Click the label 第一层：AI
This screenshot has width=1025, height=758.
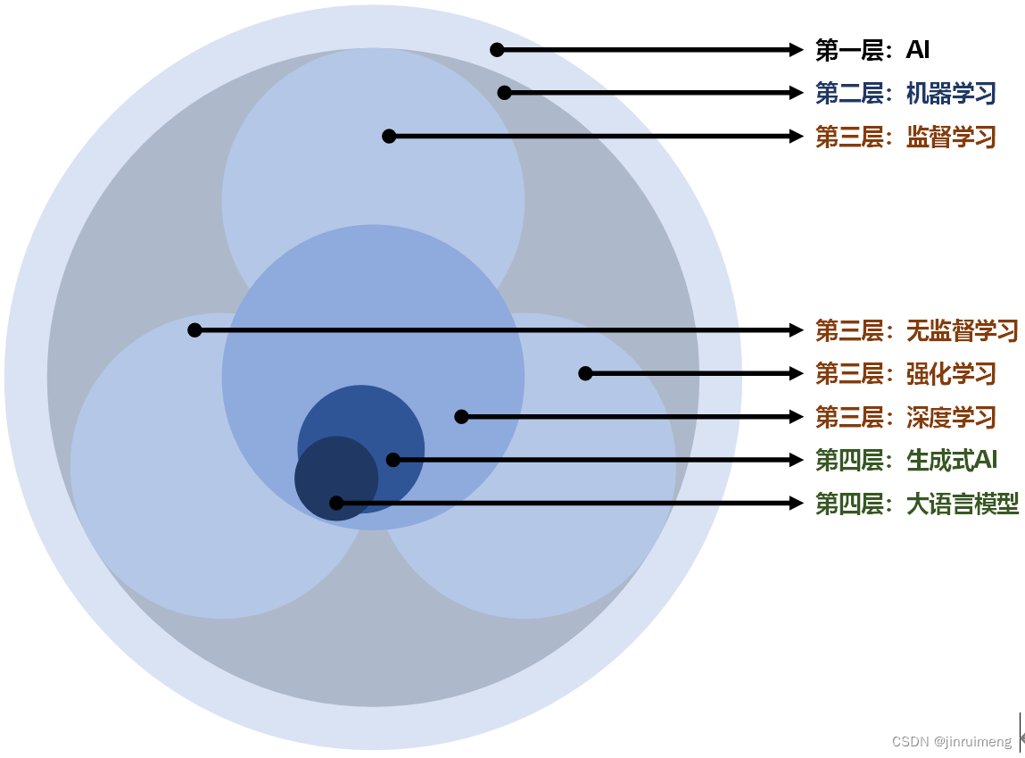[872, 50]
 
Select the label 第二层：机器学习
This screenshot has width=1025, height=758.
[905, 93]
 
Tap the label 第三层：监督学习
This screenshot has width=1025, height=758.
[905, 137]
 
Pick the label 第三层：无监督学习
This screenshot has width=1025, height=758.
[917, 330]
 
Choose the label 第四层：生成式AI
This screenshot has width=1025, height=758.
[906, 460]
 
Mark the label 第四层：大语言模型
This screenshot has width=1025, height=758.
[917, 504]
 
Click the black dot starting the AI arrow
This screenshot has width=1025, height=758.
[497, 50]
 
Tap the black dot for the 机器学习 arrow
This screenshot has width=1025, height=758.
[504, 93]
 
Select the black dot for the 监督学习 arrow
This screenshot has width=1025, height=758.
[389, 137]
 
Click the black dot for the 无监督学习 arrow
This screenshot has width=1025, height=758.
[194, 330]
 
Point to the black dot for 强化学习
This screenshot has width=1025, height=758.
[585, 373]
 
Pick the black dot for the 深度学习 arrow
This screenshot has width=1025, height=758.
[461, 417]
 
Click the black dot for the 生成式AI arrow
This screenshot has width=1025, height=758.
[393, 460]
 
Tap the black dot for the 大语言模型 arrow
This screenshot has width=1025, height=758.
[336, 504]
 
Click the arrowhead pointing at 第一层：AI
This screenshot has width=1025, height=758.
[798, 50]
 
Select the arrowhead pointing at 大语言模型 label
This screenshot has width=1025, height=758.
[798, 504]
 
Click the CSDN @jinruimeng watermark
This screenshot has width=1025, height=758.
[952, 742]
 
